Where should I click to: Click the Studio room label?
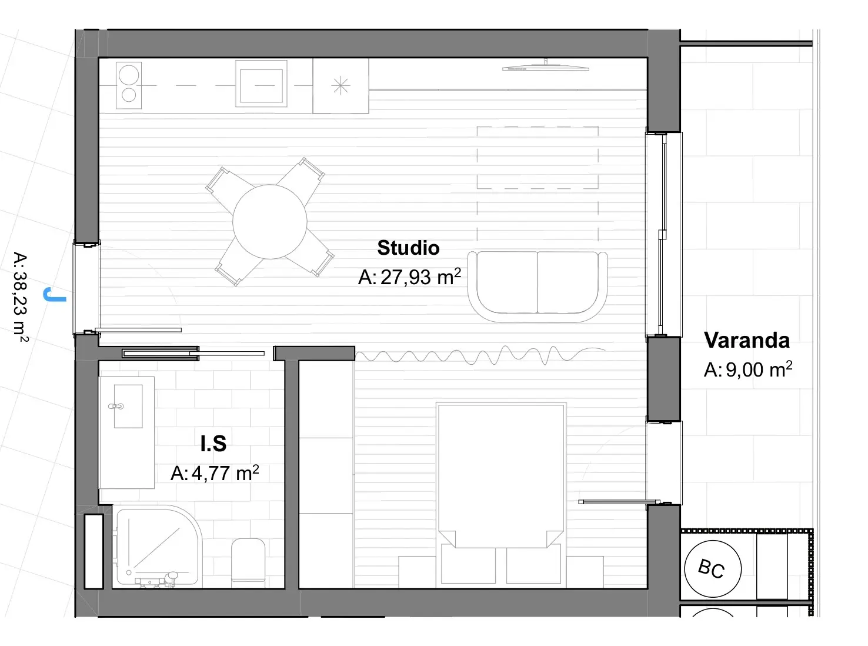408,248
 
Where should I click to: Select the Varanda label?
746,340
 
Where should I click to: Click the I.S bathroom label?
213,443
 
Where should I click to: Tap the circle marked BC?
713,568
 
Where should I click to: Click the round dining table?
270,222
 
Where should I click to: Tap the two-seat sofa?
538,287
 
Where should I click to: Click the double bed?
501,495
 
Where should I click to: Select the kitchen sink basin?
261,85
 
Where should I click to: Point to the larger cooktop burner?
129,74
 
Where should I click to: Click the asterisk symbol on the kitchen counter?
340,86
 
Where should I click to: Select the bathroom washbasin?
128,406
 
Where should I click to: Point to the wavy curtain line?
480,355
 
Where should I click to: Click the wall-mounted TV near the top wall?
546,67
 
